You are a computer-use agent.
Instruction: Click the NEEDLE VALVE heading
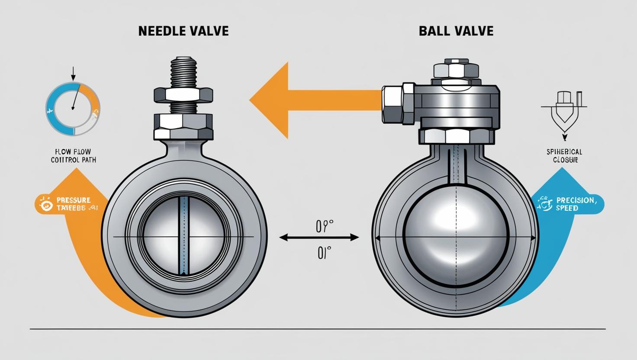tap(183, 32)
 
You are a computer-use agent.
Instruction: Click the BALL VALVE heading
tap(456, 32)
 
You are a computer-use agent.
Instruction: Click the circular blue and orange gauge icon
tap(73, 109)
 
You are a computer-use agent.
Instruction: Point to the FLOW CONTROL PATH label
tap(73, 156)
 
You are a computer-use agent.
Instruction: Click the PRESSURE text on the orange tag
tap(74, 200)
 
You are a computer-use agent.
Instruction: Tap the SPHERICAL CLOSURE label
tap(564, 156)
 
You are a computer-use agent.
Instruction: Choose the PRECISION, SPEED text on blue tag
tap(575, 204)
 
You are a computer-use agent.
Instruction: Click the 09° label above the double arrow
tap(324, 226)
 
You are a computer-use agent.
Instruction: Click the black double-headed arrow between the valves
tap(319, 237)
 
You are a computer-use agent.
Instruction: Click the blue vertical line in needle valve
tap(183, 236)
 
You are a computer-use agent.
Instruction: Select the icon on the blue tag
tap(544, 204)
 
